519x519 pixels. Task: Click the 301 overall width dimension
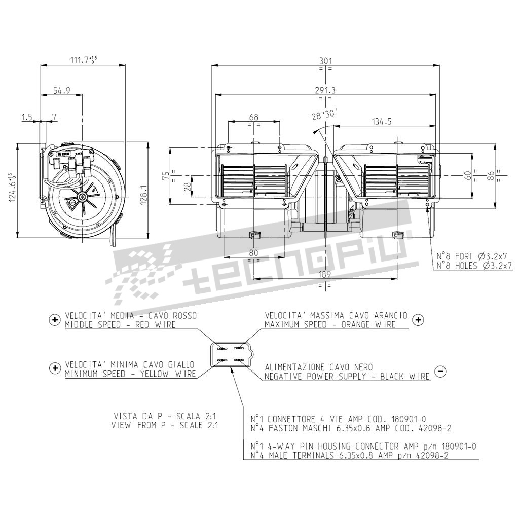(x=325, y=61)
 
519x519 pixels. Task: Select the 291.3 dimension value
(x=325, y=90)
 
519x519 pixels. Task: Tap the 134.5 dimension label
(x=382, y=122)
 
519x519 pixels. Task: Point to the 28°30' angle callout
(x=324, y=115)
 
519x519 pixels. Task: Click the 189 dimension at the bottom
(x=325, y=274)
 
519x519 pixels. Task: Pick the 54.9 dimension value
(x=61, y=90)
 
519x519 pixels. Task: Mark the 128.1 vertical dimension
(x=143, y=191)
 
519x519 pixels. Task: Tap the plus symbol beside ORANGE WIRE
(x=418, y=320)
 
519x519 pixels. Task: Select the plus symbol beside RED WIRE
(x=55, y=320)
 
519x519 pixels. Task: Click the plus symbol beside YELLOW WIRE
(x=55, y=368)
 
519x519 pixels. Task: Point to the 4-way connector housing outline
(x=232, y=354)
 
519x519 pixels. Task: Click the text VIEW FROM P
(x=139, y=425)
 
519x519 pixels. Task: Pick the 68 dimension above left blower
(x=253, y=117)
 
